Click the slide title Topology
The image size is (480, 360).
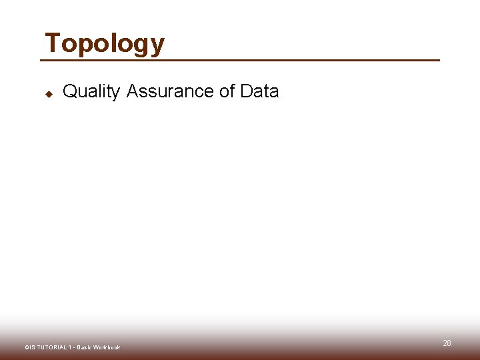(104, 44)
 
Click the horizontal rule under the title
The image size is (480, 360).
(240, 61)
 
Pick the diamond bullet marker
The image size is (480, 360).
(49, 93)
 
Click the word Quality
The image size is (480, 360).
(91, 91)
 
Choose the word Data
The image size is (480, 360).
(259, 91)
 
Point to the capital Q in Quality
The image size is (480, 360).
(69, 91)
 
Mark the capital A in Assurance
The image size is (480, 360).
(132, 91)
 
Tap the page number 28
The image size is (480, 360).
(447, 343)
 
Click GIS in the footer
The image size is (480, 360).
(30, 347)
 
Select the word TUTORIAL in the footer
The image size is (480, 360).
(51, 347)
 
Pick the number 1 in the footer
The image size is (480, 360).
(69, 347)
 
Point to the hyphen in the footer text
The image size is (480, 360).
(73, 347)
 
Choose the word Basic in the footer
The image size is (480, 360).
(84, 347)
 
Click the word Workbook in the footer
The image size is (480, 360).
(107, 347)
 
